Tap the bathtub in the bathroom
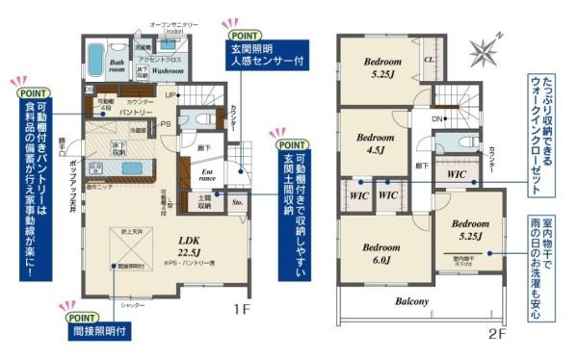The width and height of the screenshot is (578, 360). [97, 60]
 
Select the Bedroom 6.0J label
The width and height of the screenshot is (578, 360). [381, 251]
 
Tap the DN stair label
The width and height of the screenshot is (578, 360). [436, 118]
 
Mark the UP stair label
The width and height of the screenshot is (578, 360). [170, 95]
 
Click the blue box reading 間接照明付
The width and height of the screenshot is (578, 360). [96, 331]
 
